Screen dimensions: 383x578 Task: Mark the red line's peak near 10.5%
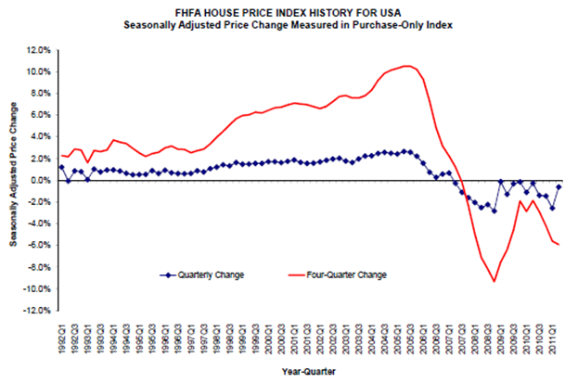[x=407, y=66]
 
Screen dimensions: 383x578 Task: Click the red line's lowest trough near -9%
[x=495, y=281]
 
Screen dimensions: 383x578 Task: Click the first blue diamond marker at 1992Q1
[x=61, y=167]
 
